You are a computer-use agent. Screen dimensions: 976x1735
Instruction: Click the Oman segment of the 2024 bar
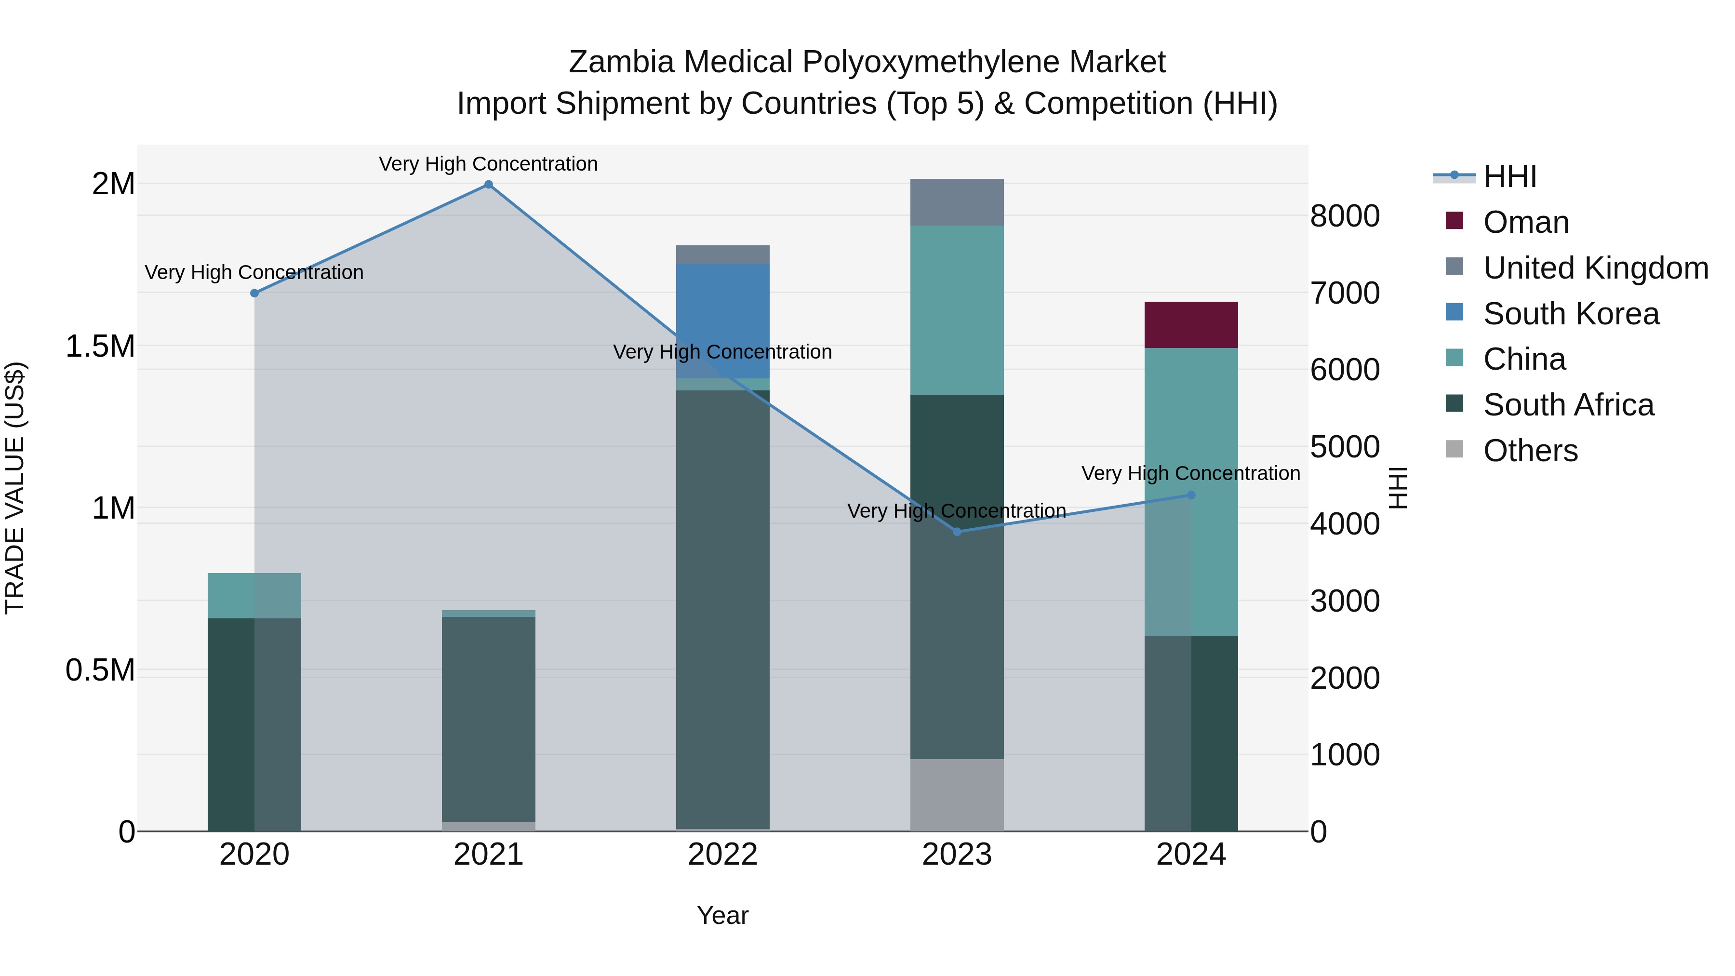pos(1191,325)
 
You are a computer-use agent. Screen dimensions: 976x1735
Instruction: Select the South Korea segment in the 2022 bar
pos(723,321)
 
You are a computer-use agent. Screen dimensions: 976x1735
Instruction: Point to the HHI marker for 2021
pos(488,185)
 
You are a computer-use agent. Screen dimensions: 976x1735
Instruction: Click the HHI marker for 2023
pos(957,532)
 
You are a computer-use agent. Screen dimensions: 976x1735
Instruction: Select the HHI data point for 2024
pos(1191,495)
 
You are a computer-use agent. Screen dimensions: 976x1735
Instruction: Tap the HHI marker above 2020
pos(254,293)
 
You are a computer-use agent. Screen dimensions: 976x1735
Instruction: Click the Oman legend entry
pos(1525,222)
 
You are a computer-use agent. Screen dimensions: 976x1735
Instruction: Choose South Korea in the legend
pos(1571,314)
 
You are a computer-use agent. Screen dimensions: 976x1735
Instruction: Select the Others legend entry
pos(1530,451)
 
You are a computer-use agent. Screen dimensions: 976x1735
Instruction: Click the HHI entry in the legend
pos(1509,176)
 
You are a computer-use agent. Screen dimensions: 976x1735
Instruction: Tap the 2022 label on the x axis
pos(723,855)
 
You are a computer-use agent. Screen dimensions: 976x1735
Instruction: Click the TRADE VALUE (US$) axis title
pos(15,488)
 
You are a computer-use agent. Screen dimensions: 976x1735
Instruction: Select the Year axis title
pos(723,915)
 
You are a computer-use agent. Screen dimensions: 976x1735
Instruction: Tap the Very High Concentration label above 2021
pos(488,164)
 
